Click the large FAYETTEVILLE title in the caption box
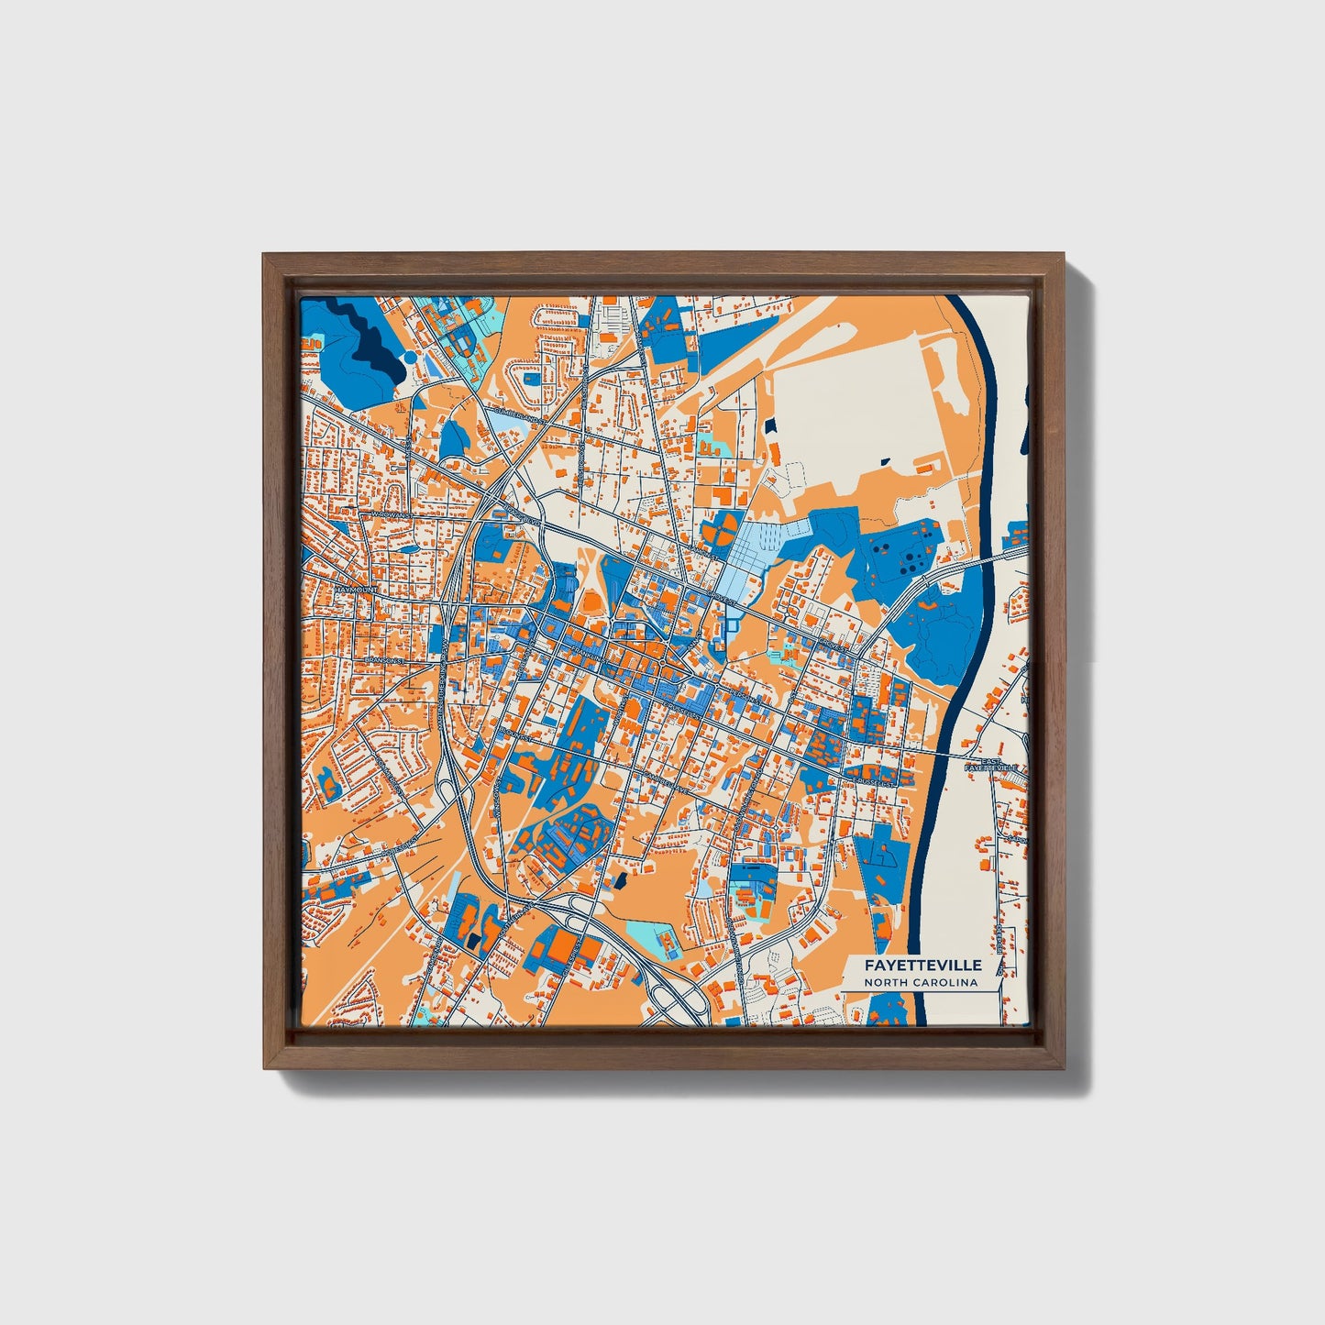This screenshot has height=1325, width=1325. [x=921, y=965]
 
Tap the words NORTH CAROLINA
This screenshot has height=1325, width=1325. [x=921, y=983]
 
